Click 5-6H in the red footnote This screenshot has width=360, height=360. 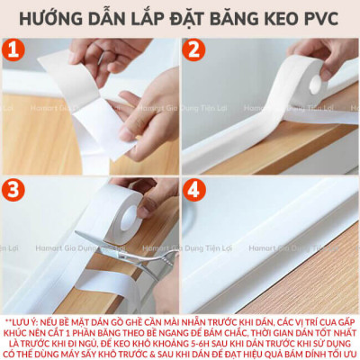pos(225,344)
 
